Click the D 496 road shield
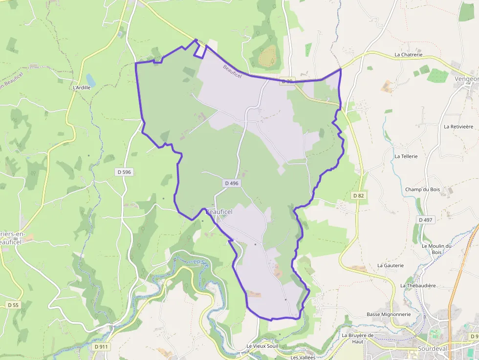pos(232,183)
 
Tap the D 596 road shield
pos(125,172)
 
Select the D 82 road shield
pos(359,195)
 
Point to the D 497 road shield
pos(426,220)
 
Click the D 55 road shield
pos(13,305)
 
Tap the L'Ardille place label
pos(82,87)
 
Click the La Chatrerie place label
pos(408,55)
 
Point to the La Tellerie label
pos(406,156)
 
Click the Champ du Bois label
pos(422,190)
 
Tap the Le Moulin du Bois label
pos(436,249)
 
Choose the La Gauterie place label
pos(391,265)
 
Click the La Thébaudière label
pos(418,285)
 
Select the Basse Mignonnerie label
pos(389,314)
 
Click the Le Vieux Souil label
pos(262,346)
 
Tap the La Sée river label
pos(200,262)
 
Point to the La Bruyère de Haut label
pos(358,338)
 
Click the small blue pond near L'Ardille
pos(91,79)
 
